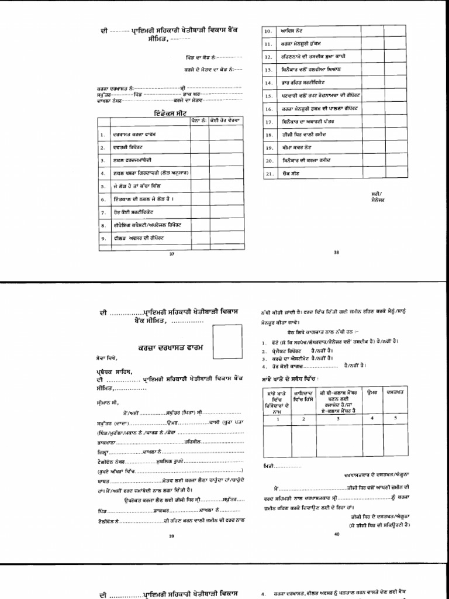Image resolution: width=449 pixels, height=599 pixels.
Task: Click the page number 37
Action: [x=171, y=254]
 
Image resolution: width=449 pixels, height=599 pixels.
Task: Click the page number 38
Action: [x=336, y=252]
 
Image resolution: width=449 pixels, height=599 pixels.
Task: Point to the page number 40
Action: [x=336, y=534]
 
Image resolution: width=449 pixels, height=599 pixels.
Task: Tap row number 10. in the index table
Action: [x=269, y=30]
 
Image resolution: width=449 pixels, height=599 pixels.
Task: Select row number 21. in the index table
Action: [x=269, y=174]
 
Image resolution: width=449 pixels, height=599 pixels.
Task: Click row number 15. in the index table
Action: [x=269, y=95]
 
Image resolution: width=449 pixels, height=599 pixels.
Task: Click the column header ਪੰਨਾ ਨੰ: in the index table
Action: [x=199, y=119]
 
